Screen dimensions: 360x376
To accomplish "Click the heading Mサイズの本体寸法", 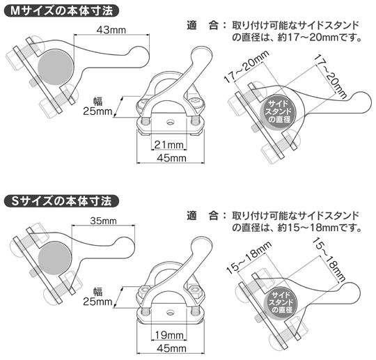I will tap(61, 10).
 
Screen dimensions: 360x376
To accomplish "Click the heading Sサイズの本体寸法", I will tap(61, 201).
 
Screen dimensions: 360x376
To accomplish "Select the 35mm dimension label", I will tap(104, 221).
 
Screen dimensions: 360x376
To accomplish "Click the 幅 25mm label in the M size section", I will tap(97, 106).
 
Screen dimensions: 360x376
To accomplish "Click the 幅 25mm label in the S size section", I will tap(97, 297).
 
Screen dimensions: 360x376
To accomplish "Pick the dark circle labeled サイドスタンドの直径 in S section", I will tap(281, 300).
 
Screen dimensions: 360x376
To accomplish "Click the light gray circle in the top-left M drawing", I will tap(55, 68).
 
